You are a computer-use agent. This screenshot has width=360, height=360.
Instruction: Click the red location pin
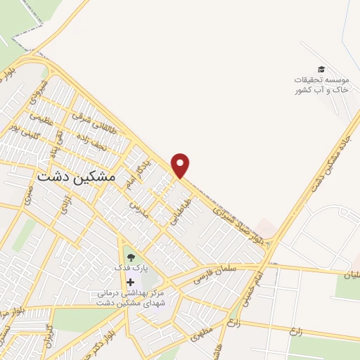(181, 164)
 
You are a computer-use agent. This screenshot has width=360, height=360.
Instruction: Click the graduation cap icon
(321, 69)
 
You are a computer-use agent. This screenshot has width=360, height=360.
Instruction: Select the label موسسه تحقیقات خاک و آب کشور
(320, 84)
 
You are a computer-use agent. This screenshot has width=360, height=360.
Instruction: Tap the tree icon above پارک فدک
(130, 256)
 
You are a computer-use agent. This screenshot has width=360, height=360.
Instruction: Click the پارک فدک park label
(130, 269)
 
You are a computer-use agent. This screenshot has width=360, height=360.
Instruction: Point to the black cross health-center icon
(130, 282)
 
